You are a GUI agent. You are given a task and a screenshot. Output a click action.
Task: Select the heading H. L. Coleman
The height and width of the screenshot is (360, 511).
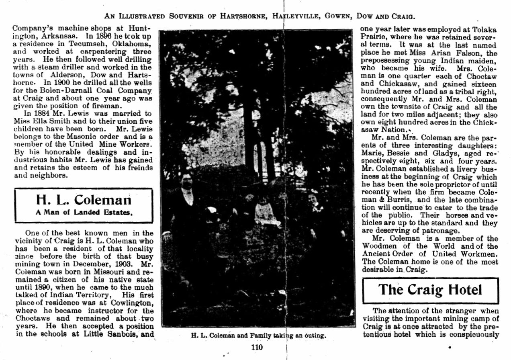coord(84,199)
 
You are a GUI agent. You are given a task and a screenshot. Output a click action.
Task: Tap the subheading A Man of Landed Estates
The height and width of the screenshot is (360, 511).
coord(84,212)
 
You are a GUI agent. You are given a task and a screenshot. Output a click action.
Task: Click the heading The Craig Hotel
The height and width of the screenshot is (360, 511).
coord(430,290)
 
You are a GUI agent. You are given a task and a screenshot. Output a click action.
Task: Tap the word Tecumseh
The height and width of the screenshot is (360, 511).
coord(82,44)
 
